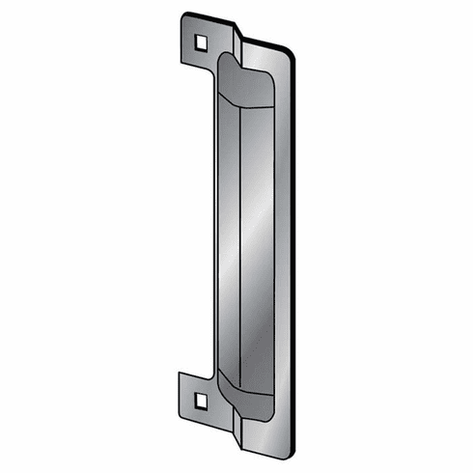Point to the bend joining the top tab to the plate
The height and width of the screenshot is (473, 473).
pos(235,43)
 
